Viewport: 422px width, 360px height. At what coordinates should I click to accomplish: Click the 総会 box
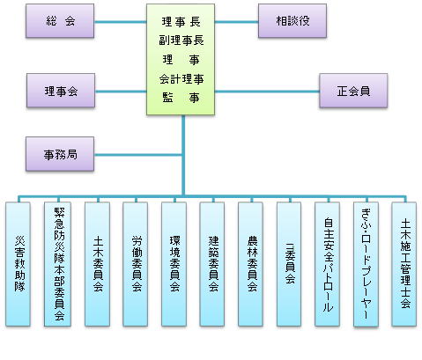(x=60, y=21)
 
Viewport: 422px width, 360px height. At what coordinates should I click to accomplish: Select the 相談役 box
(x=292, y=21)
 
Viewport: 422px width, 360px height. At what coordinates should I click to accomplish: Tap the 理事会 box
(x=61, y=91)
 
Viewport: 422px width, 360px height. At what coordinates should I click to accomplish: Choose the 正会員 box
(x=353, y=91)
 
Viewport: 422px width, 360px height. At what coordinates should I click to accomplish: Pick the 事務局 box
(x=60, y=154)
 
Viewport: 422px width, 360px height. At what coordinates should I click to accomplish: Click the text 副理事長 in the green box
(x=181, y=40)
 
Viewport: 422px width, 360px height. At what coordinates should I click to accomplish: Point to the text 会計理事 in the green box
(x=181, y=79)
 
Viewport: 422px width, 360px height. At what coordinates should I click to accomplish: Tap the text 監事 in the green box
(x=181, y=98)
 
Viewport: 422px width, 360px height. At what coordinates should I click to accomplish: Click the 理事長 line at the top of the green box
(x=181, y=22)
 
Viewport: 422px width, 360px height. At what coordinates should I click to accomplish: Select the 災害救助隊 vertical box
(x=18, y=264)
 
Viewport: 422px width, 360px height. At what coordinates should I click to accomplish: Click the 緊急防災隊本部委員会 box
(x=57, y=264)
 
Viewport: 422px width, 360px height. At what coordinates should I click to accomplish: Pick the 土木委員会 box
(x=97, y=264)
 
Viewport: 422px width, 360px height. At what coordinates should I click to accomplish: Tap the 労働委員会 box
(x=136, y=264)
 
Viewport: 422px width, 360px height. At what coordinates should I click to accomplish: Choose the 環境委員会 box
(x=174, y=264)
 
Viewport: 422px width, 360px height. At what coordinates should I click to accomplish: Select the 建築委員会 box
(x=212, y=264)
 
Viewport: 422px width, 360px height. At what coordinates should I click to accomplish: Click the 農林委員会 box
(x=250, y=264)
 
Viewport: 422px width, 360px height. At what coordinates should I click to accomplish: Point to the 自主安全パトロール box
(x=327, y=264)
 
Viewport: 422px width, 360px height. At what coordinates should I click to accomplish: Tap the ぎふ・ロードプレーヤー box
(x=366, y=264)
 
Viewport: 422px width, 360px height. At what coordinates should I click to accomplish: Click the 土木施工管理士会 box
(x=404, y=264)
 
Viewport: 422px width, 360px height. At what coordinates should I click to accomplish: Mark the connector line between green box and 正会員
(x=267, y=92)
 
